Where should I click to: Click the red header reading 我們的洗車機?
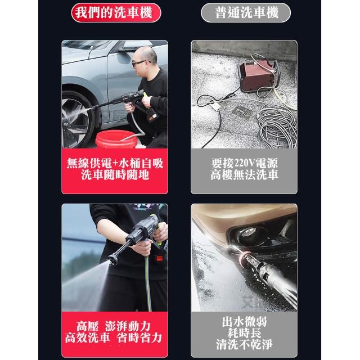tap(116, 12)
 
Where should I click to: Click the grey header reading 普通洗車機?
tap(246, 12)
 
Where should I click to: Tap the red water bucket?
tap(116, 139)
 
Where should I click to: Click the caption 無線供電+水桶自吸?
tap(115, 164)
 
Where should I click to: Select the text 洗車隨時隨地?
tap(115, 175)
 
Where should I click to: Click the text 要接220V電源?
tap(244, 163)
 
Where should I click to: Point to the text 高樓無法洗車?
tap(244, 175)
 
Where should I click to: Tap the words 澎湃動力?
tap(128, 326)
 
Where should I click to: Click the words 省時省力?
tap(139, 338)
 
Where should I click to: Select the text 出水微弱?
tap(244, 322)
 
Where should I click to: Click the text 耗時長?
tap(244, 333)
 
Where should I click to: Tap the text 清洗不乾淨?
tap(244, 344)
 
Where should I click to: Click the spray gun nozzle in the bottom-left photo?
tap(112, 259)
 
